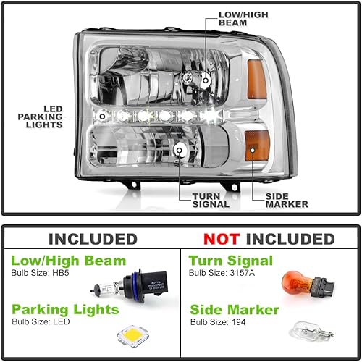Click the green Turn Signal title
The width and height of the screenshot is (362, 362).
(x=231, y=261)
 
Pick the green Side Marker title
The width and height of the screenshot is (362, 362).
(x=235, y=310)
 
